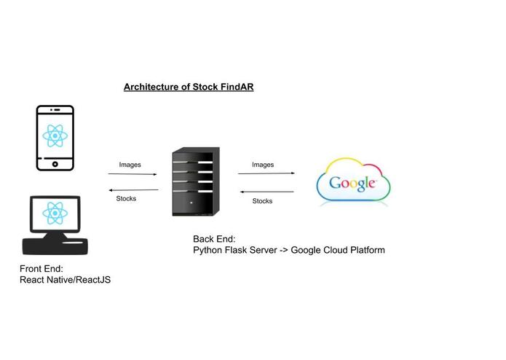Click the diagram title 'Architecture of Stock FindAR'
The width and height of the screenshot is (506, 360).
pyautogui.click(x=188, y=87)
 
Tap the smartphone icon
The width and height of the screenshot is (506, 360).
pyautogui.click(x=55, y=138)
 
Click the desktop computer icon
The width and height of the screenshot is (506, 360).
pyautogui.click(x=55, y=225)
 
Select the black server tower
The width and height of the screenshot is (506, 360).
pyautogui.click(x=195, y=181)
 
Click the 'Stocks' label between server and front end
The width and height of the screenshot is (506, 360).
pyautogui.click(x=126, y=198)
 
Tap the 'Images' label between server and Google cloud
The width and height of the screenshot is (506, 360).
pyautogui.click(x=263, y=165)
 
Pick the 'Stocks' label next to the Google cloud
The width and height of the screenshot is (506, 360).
pyautogui.click(x=262, y=200)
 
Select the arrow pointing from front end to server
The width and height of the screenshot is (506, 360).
pyautogui.click(x=132, y=174)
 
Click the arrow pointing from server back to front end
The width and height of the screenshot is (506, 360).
pyautogui.click(x=132, y=189)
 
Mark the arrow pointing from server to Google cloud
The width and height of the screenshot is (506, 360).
pyautogui.click(x=266, y=173)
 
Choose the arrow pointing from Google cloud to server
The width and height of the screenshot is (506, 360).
pyautogui.click(x=266, y=192)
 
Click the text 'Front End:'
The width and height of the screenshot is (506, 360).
pyautogui.click(x=41, y=268)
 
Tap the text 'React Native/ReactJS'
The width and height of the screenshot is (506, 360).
pyautogui.click(x=65, y=280)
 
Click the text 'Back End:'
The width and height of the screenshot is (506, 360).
pyautogui.click(x=214, y=238)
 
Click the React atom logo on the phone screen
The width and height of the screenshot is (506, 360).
pyautogui.click(x=55, y=135)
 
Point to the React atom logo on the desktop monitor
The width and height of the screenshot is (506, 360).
pyautogui.click(x=55, y=214)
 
